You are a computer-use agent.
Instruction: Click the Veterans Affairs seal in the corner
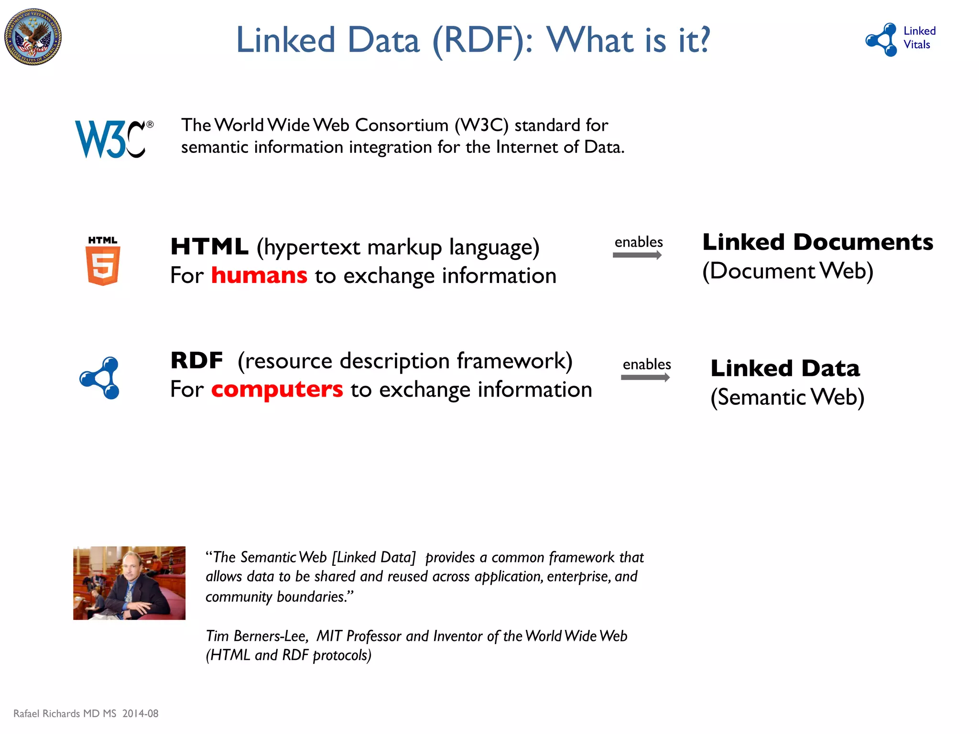pyautogui.click(x=33, y=37)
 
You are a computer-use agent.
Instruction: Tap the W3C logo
pyautogui.click(x=114, y=139)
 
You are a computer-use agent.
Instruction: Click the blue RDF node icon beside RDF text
pyautogui.click(x=100, y=378)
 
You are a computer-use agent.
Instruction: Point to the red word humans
pyautogui.click(x=259, y=276)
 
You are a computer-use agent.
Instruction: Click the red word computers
pyautogui.click(x=277, y=389)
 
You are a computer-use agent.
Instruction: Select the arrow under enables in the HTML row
pyautogui.click(x=637, y=255)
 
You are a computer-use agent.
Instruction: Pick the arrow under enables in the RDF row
pyautogui.click(x=645, y=378)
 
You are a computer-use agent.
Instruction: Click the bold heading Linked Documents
pyautogui.click(x=817, y=242)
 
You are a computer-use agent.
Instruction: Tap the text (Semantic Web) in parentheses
pyautogui.click(x=787, y=397)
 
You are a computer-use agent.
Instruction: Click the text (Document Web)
pyautogui.click(x=788, y=271)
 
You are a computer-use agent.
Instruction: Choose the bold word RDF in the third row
pyautogui.click(x=196, y=361)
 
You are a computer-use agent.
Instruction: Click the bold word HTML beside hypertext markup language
pyautogui.click(x=209, y=247)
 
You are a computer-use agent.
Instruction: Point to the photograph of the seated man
pyautogui.click(x=129, y=583)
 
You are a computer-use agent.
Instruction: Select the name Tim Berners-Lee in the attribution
pyautogui.click(x=257, y=636)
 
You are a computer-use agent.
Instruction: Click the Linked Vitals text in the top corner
pyautogui.click(x=919, y=38)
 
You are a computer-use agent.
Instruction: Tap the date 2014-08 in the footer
pyautogui.click(x=140, y=713)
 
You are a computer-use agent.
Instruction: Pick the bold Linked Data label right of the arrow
pyautogui.click(x=785, y=368)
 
